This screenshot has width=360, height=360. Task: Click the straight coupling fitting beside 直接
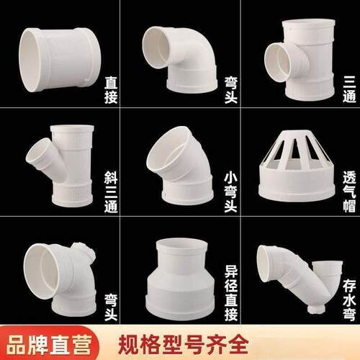60,60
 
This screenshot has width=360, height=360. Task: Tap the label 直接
111,90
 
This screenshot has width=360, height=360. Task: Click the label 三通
349,89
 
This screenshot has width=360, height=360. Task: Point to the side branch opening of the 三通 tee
276,63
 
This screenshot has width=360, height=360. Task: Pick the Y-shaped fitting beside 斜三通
63,166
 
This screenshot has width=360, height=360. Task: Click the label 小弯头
230,192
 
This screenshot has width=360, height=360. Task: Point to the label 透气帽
349,192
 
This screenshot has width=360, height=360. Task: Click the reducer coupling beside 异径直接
181,279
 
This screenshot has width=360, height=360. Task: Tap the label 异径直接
231,293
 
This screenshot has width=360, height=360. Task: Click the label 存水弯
349,300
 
